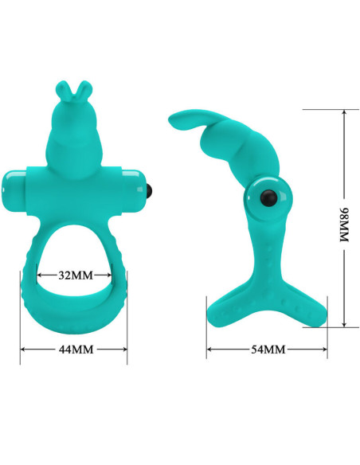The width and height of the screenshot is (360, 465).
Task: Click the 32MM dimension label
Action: pos(76,275)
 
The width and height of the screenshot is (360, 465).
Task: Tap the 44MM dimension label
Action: pos(73,349)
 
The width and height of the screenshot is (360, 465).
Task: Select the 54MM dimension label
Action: pos(268,349)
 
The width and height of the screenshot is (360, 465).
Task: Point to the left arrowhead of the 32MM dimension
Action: pos(40,275)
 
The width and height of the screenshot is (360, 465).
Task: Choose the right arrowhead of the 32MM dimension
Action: pos(111,275)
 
